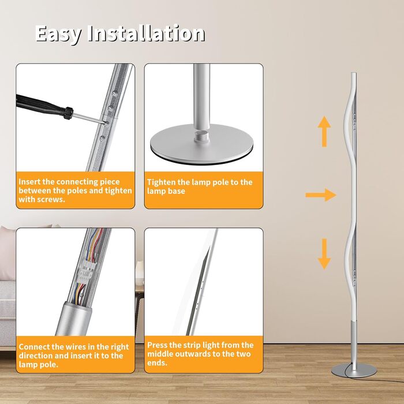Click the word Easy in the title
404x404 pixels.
pyautogui.click(x=58, y=33)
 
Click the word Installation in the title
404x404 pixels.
pyautogui.click(x=146, y=33)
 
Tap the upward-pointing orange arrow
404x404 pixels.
pyautogui.click(x=324, y=132)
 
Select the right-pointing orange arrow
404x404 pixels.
pyautogui.click(x=321, y=195)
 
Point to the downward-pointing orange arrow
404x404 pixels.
pyautogui.click(x=324, y=254)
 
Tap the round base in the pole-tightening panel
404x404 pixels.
pyautogui.click(x=201, y=144)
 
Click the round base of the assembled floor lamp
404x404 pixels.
pyautogui.click(x=354, y=371)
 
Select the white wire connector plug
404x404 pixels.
pyautogui.click(x=85, y=273)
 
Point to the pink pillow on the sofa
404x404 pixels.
pyautogui.click(x=7, y=253)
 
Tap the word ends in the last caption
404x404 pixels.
pyautogui.click(x=157, y=363)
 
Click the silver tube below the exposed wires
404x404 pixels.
pyautogui.click(x=74, y=320)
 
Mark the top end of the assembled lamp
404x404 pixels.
pyautogui.click(x=354, y=73)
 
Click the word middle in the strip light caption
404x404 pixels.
pyautogui.click(x=160, y=354)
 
